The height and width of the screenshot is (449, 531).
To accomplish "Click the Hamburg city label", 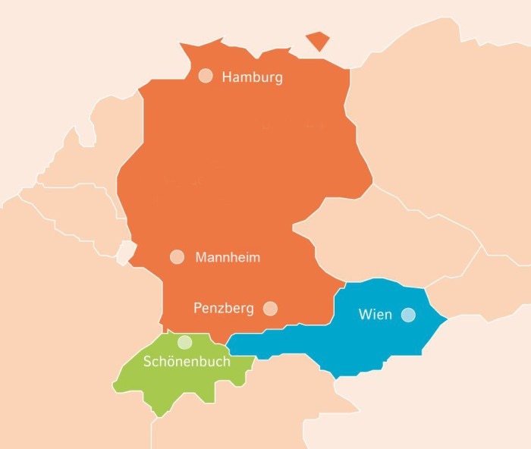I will click(252, 77).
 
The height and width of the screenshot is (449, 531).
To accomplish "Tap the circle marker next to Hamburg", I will click(206, 76).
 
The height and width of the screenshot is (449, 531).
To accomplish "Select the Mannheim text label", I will click(228, 258).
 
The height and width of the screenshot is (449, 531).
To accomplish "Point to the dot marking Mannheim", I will click(177, 257).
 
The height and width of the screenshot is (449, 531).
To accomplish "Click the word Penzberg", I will click(223, 309).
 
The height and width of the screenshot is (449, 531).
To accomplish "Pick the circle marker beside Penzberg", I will click(270, 308).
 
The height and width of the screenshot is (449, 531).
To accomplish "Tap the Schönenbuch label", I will click(187, 362).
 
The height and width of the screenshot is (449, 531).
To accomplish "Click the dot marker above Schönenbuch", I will click(184, 342).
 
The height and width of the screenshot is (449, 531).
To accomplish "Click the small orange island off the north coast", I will click(318, 41).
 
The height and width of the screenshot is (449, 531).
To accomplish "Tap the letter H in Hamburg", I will click(226, 77).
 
